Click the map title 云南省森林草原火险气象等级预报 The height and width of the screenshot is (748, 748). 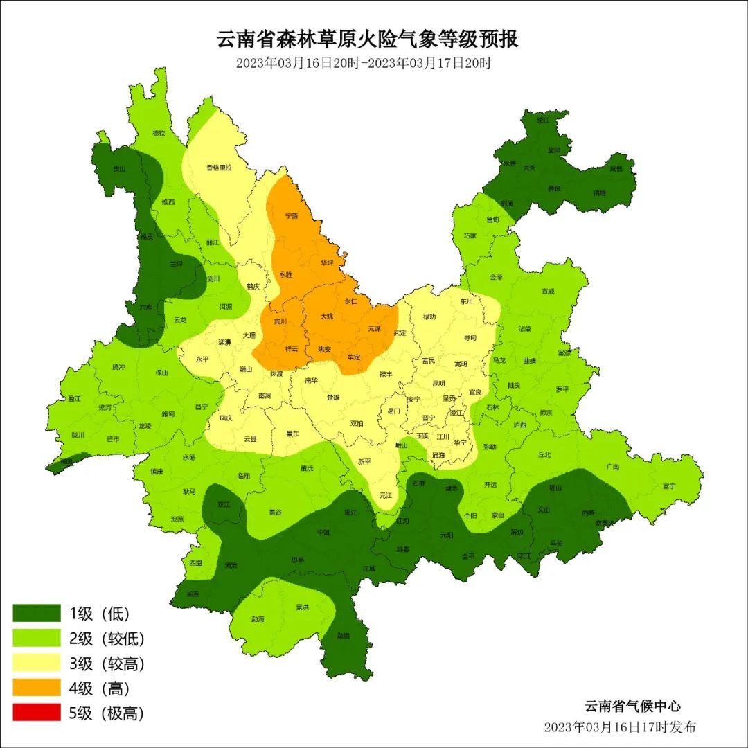(x=368, y=39)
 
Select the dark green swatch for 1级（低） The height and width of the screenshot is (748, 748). (x=37, y=613)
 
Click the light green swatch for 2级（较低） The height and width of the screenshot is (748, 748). (x=37, y=638)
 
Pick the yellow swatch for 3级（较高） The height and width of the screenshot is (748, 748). (x=37, y=663)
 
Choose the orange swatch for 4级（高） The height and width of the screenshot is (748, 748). (x=37, y=688)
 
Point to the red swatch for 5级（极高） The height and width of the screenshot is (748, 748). (x=37, y=712)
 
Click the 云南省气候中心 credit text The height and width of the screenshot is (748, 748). (x=632, y=706)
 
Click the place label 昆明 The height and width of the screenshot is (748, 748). (x=438, y=383)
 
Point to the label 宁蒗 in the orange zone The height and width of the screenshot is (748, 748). (x=292, y=215)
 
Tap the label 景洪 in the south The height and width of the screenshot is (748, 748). (x=302, y=607)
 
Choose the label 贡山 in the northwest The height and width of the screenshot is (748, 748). (x=120, y=168)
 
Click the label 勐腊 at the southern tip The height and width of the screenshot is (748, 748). (x=344, y=635)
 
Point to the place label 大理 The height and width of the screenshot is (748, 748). (x=249, y=335)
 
